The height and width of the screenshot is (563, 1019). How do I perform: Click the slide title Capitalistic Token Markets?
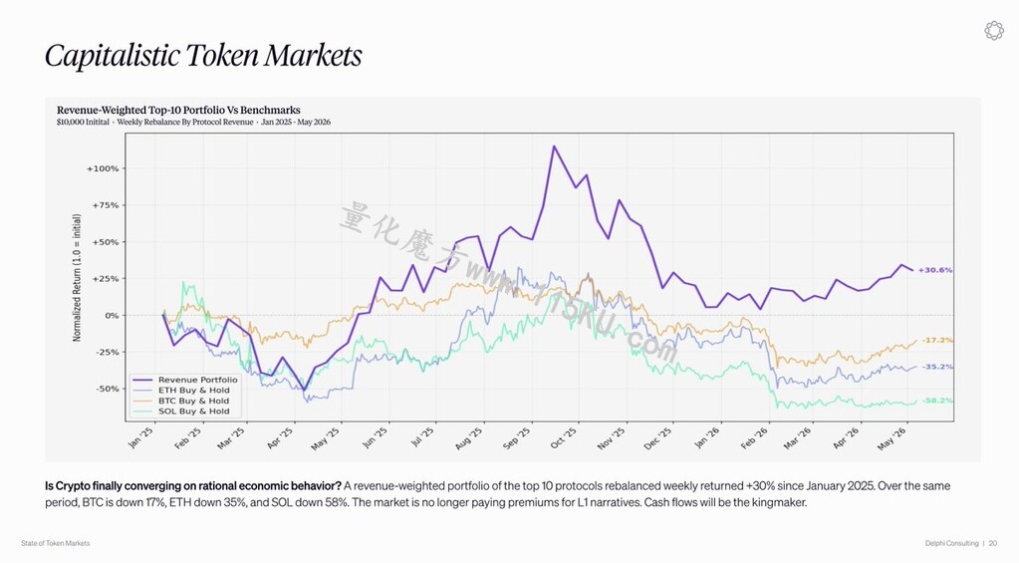click(x=203, y=55)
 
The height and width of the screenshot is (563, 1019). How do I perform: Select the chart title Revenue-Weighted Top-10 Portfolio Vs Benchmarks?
click(x=178, y=110)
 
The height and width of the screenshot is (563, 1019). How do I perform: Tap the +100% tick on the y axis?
click(x=103, y=168)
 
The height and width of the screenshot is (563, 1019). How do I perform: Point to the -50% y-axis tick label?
click(x=106, y=389)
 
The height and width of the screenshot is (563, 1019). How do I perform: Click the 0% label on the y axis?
click(x=113, y=315)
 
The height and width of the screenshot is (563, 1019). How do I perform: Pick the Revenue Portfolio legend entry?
click(x=185, y=380)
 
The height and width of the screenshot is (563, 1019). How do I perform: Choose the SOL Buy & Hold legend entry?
click(x=181, y=411)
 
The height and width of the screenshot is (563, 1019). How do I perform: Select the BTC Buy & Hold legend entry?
click(x=181, y=401)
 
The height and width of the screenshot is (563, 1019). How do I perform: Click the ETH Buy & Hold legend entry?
click(x=181, y=390)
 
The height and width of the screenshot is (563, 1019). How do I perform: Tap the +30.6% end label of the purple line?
click(x=935, y=270)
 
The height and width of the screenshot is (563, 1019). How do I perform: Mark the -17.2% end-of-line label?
click(x=937, y=340)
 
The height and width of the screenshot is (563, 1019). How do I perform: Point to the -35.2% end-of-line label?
click(x=937, y=367)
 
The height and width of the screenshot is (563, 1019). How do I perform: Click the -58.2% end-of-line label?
click(x=937, y=401)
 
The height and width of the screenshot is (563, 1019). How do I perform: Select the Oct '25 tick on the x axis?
click(x=564, y=438)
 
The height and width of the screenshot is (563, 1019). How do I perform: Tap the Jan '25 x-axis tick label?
click(x=141, y=437)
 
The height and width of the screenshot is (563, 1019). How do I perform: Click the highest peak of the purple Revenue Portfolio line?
click(x=554, y=145)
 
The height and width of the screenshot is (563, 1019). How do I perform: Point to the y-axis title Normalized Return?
click(x=77, y=278)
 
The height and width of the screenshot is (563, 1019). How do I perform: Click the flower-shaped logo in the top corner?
click(x=994, y=31)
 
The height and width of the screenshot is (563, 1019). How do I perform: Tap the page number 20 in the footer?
click(x=993, y=543)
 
